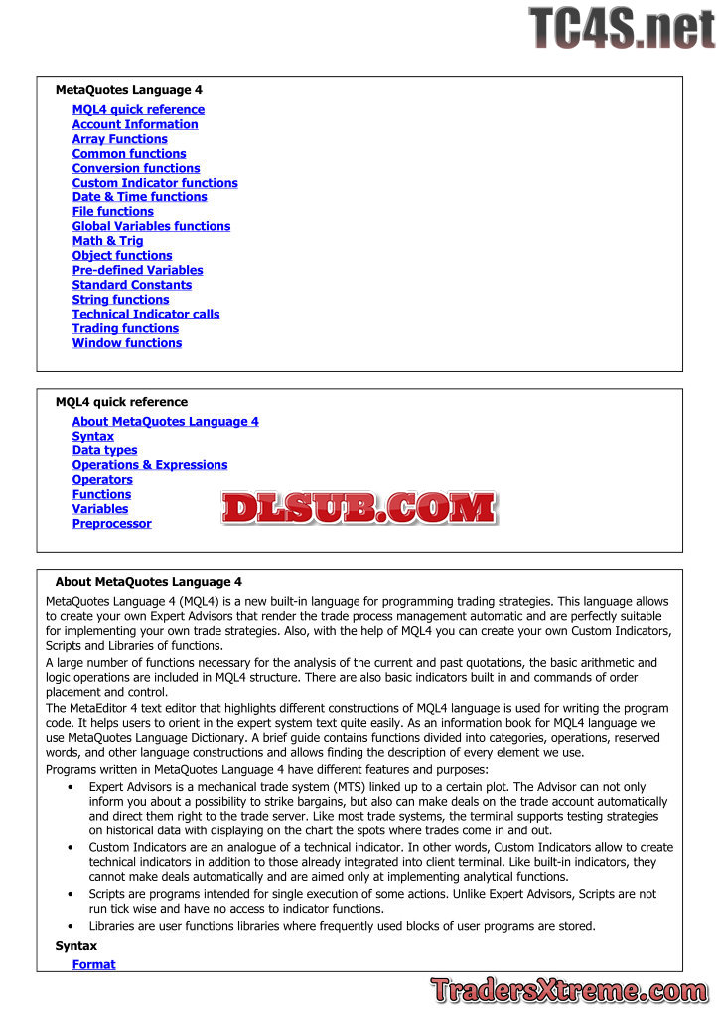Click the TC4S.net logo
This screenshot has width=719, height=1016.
tap(622, 27)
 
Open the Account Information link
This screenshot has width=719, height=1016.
tap(135, 124)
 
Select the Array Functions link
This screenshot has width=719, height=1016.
tap(119, 139)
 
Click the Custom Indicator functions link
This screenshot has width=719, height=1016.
tap(155, 183)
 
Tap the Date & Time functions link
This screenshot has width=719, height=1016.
tap(139, 197)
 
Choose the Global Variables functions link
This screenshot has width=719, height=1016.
tap(151, 226)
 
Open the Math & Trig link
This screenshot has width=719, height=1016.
tap(107, 241)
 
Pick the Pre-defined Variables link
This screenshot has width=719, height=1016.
tap(137, 270)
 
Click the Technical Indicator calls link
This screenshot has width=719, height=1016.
tap(146, 314)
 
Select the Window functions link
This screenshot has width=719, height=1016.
tap(127, 343)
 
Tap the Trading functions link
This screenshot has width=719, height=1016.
tap(125, 328)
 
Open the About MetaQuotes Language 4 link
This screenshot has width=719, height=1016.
tap(165, 422)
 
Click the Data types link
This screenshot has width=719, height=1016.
tap(104, 450)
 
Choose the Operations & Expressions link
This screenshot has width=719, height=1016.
tap(150, 465)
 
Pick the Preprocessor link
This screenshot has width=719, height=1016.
tap(111, 524)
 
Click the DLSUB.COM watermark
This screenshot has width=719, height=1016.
tap(359, 509)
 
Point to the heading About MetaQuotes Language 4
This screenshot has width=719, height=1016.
tap(149, 582)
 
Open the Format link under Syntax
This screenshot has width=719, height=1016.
tap(93, 964)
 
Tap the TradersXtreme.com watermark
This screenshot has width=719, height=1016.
tap(569, 990)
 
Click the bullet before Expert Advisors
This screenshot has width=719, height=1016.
tap(70, 787)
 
